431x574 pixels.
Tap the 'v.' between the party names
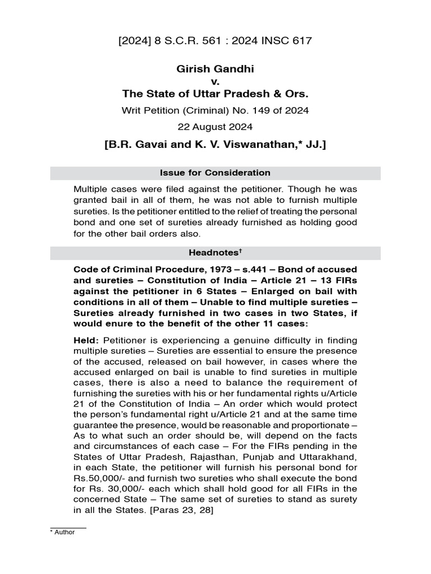click(215, 81)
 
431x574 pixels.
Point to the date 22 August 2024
click(215, 126)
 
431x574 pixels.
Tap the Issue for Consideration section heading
click(215, 173)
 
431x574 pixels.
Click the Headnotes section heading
click(213, 253)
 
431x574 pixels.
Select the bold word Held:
click(86, 340)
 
